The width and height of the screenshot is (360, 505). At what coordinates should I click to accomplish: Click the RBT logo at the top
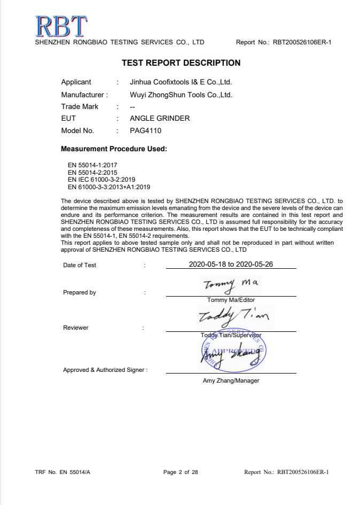60,25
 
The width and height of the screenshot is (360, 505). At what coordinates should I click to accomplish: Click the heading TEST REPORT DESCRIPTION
181,63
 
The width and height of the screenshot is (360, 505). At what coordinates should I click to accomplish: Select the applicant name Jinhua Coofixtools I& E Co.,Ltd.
181,82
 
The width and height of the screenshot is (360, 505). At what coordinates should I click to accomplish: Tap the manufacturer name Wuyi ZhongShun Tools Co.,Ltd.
181,95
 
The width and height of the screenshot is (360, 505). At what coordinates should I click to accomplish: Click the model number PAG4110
145,130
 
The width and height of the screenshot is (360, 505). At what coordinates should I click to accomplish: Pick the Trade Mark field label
80,106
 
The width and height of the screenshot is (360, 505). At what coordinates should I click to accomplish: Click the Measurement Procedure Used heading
114,149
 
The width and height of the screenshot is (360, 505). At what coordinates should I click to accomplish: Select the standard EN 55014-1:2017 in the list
92,166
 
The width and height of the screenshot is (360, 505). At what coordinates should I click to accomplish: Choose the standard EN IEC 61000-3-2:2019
101,180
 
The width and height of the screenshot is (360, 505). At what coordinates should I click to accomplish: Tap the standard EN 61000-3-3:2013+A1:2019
109,187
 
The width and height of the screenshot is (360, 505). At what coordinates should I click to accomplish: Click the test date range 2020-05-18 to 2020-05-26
231,264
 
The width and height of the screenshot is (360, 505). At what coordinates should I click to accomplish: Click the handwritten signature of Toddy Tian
233,317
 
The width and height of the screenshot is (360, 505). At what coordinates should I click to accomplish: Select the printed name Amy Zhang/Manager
231,380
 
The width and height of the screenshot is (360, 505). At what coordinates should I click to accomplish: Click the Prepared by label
80,292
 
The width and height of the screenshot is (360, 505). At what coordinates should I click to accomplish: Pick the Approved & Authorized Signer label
105,369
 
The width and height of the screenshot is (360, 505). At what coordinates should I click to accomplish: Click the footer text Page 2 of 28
181,472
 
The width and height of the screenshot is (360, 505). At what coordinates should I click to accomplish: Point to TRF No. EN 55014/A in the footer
62,472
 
